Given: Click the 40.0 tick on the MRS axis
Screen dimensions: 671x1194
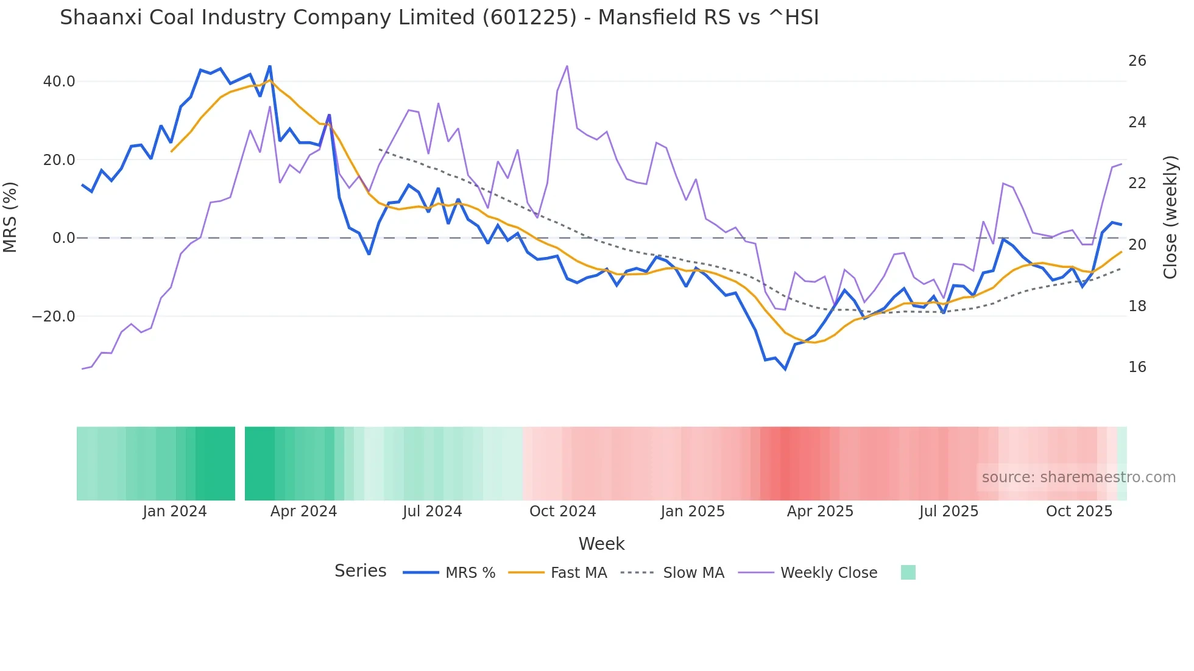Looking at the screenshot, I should tap(58, 82).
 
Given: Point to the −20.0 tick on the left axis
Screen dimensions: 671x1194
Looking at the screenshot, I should tap(54, 317).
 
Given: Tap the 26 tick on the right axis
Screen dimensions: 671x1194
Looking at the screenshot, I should tap(1137, 61).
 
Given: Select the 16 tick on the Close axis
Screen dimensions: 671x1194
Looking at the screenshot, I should tap(1137, 367).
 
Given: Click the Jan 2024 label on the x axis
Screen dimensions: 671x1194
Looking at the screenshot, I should tap(175, 511).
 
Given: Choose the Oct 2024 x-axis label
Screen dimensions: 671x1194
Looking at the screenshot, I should tap(562, 511).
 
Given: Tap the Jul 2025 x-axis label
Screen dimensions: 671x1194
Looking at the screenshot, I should tap(948, 511).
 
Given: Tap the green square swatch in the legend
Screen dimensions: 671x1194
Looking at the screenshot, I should tap(908, 572).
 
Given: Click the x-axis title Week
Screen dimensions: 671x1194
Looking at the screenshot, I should tap(601, 544).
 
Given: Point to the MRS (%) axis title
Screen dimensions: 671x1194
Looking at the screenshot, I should tap(10, 217).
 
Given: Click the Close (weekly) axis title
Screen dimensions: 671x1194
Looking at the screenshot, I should tap(1170, 217).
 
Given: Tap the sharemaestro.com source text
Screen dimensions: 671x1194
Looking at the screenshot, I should tap(1078, 477).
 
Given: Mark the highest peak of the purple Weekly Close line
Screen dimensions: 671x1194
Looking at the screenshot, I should tap(567, 66).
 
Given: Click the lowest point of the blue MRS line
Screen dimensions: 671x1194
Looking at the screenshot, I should tap(785, 369).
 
